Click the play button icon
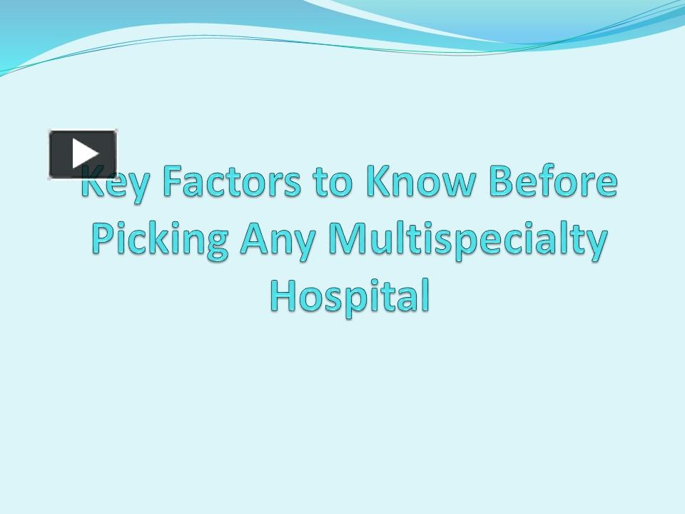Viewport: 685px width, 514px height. [83, 153]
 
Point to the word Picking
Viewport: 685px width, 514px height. [161, 241]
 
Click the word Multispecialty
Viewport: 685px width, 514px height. [467, 241]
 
